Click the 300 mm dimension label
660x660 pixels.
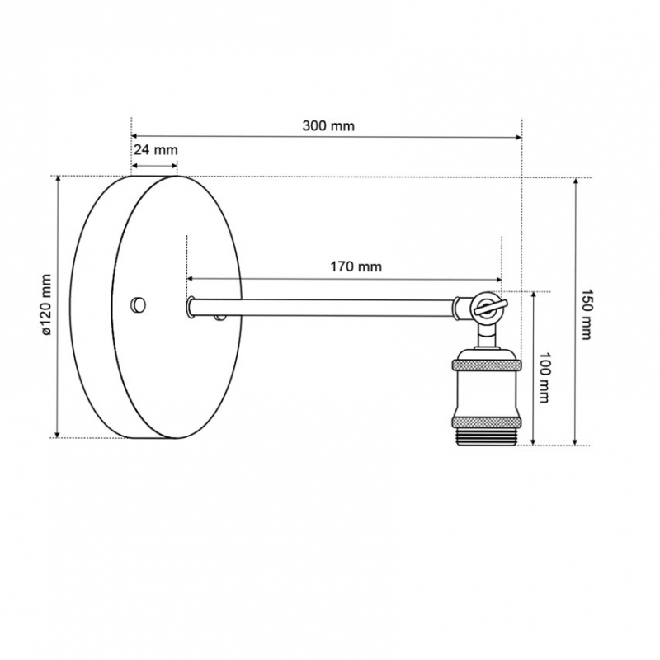[328, 125]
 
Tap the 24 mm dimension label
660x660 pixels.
[156, 149]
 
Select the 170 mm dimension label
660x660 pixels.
[356, 266]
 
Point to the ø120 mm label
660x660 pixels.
[46, 304]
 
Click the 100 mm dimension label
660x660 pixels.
[544, 378]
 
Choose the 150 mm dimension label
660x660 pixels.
[587, 314]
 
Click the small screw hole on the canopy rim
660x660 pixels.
[138, 304]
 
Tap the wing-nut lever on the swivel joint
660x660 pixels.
[491, 306]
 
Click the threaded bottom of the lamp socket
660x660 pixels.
[487, 436]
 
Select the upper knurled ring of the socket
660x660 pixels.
[487, 365]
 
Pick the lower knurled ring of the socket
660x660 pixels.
[487, 422]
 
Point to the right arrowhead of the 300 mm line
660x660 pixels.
[519, 137]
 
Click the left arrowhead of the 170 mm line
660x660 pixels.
[190, 279]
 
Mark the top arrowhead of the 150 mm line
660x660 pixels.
[575, 181]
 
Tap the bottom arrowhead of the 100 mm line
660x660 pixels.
[533, 441]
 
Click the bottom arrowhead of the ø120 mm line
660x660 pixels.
[58, 434]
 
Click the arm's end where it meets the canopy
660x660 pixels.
[191, 307]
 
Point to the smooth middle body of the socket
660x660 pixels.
[487, 394]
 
